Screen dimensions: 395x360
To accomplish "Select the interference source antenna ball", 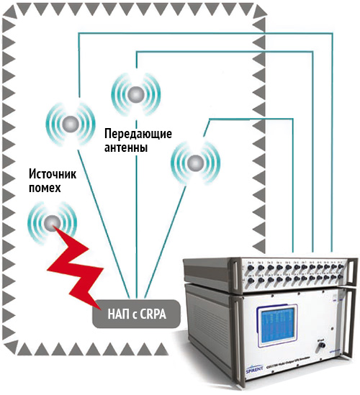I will click(50, 221).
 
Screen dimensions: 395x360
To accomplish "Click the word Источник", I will click(52, 174).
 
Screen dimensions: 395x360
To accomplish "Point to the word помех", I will click(45, 189).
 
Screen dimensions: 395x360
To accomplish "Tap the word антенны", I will click(126, 148).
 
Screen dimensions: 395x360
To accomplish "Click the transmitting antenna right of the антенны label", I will click(193, 163).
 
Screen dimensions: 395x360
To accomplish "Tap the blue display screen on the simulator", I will click(275, 317).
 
